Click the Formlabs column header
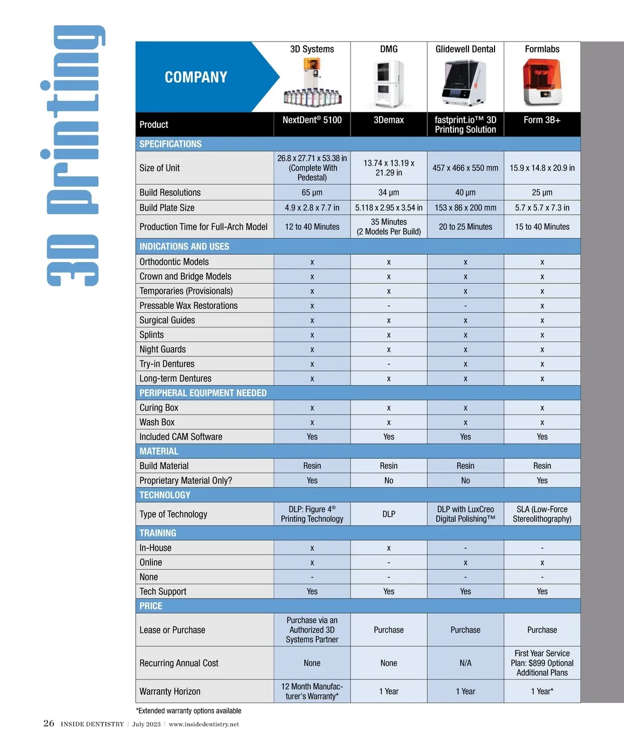pos(542,49)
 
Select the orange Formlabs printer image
pos(542,82)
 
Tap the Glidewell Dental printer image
pos(465,82)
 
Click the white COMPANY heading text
pos(196,77)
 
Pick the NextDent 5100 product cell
pos(312,120)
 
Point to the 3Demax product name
pos(388,120)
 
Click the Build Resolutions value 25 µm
pos(542,192)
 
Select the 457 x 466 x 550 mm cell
pos(465,168)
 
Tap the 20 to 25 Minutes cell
pos(465,227)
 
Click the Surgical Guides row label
pos(167,320)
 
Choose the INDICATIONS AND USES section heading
pos(184,246)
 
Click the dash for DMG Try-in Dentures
pos(388,365)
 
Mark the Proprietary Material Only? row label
pos(185,480)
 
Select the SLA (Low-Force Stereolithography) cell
pos(542,514)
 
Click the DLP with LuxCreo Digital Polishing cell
pos(465,514)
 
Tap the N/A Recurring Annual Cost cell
pos(465,663)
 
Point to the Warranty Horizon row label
pos(170,692)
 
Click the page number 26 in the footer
pos(49,723)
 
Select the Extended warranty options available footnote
pos(188,711)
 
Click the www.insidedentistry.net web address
pos(204,724)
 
